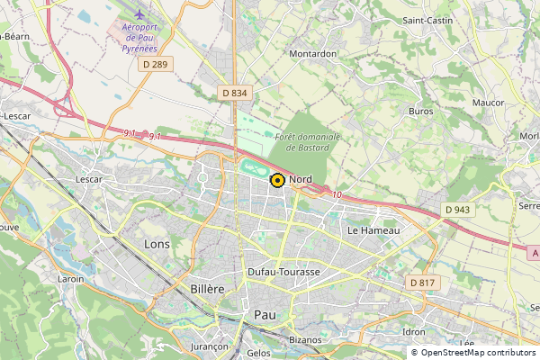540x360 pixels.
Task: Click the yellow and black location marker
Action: point(277,180)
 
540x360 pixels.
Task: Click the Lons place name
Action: point(157,243)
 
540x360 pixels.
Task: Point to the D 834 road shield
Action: point(234,93)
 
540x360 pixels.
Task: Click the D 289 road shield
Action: point(155,65)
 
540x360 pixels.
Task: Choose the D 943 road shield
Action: point(457,210)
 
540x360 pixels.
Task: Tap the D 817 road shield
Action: point(421,283)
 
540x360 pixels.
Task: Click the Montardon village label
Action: point(312,53)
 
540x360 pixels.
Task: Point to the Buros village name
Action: point(420,112)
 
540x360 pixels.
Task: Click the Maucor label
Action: point(488,103)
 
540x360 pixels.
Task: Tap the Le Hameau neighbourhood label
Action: point(373,230)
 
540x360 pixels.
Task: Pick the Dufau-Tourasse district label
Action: point(283,272)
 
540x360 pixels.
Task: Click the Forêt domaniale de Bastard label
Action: point(308,141)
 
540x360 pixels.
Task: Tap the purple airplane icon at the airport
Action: point(139,15)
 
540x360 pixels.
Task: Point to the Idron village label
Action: point(414,331)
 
